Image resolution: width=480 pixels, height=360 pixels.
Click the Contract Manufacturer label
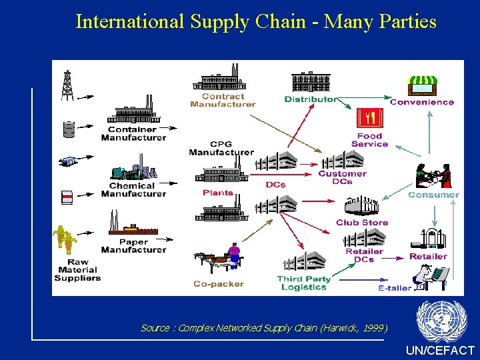pyautogui.click(x=223, y=100)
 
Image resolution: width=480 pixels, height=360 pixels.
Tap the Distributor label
pyautogui.click(x=311, y=99)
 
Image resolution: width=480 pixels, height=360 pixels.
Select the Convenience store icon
pyautogui.click(x=422, y=85)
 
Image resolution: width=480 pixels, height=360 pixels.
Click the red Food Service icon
pyautogui.click(x=369, y=119)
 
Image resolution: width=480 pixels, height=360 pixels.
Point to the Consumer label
pyautogui.click(x=433, y=195)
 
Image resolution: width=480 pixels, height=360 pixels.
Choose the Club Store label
pyautogui.click(x=362, y=222)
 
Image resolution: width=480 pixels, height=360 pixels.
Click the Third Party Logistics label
pyautogui.click(x=303, y=283)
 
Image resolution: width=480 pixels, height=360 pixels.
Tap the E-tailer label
pyautogui.click(x=395, y=288)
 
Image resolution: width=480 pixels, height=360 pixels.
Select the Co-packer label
pyautogui.click(x=218, y=284)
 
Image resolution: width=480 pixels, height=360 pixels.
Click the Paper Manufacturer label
pyautogui.click(x=133, y=246)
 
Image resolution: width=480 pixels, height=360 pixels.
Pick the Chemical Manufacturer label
pyautogui.click(x=133, y=190)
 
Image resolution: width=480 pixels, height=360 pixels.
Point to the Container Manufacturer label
pyautogui.click(x=133, y=133)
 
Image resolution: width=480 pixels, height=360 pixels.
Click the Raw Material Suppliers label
pyautogui.click(x=77, y=269)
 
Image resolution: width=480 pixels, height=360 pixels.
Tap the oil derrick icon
pyautogui.click(x=67, y=85)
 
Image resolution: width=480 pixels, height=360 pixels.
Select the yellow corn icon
pyautogui.click(x=65, y=239)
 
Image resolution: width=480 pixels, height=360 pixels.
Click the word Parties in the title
pyautogui.click(x=407, y=22)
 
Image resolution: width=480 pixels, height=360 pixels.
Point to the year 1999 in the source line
pyautogui.click(x=371, y=328)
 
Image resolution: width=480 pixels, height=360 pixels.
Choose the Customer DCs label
pyautogui.click(x=342, y=177)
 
